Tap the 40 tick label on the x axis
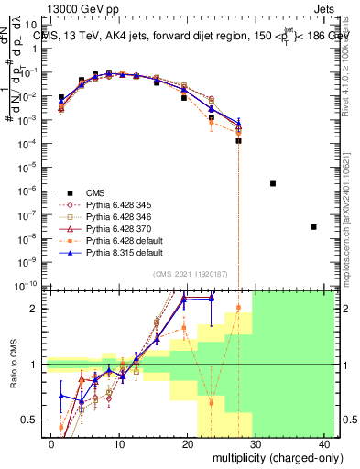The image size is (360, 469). [x=326, y=443]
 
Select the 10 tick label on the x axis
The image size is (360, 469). [x=119, y=443]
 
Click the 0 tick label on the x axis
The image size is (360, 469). [x=51, y=443]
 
